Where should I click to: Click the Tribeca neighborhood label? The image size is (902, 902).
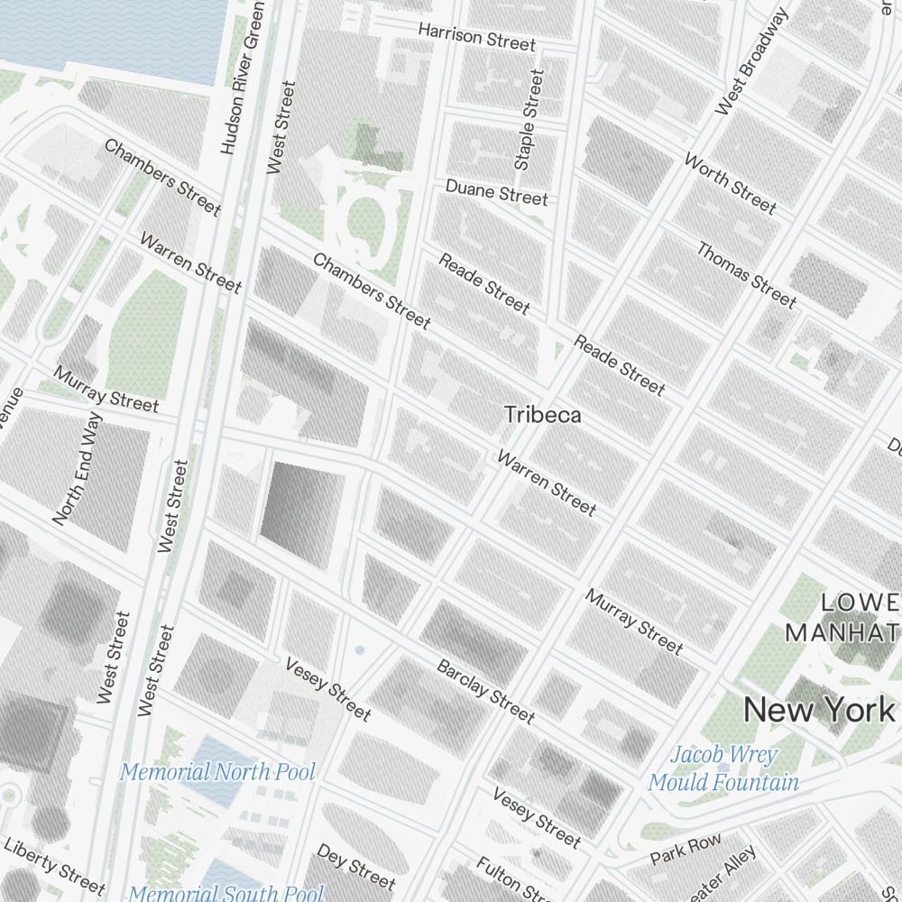coord(542,415)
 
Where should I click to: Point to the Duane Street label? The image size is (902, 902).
coord(496,192)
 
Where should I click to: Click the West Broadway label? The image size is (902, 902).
coord(751,62)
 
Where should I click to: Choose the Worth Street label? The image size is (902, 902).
coord(730,185)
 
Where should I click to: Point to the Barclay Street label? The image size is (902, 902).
coord(485,691)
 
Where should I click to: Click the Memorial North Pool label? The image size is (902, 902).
coord(217,772)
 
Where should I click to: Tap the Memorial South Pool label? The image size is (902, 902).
coord(225,893)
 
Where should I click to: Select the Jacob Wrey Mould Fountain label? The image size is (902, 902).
coord(723,769)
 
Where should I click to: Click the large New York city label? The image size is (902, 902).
coord(819,710)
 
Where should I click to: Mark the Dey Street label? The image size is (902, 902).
coord(354,867)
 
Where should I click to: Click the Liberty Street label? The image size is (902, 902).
coord(54,861)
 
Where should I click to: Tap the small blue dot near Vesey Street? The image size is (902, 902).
coord(360,649)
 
